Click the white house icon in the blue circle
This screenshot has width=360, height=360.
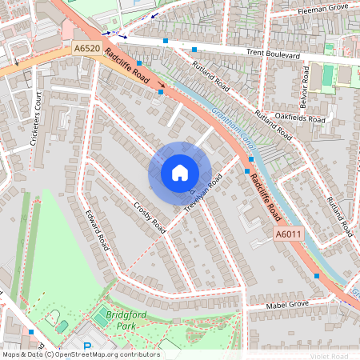[180, 173]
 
